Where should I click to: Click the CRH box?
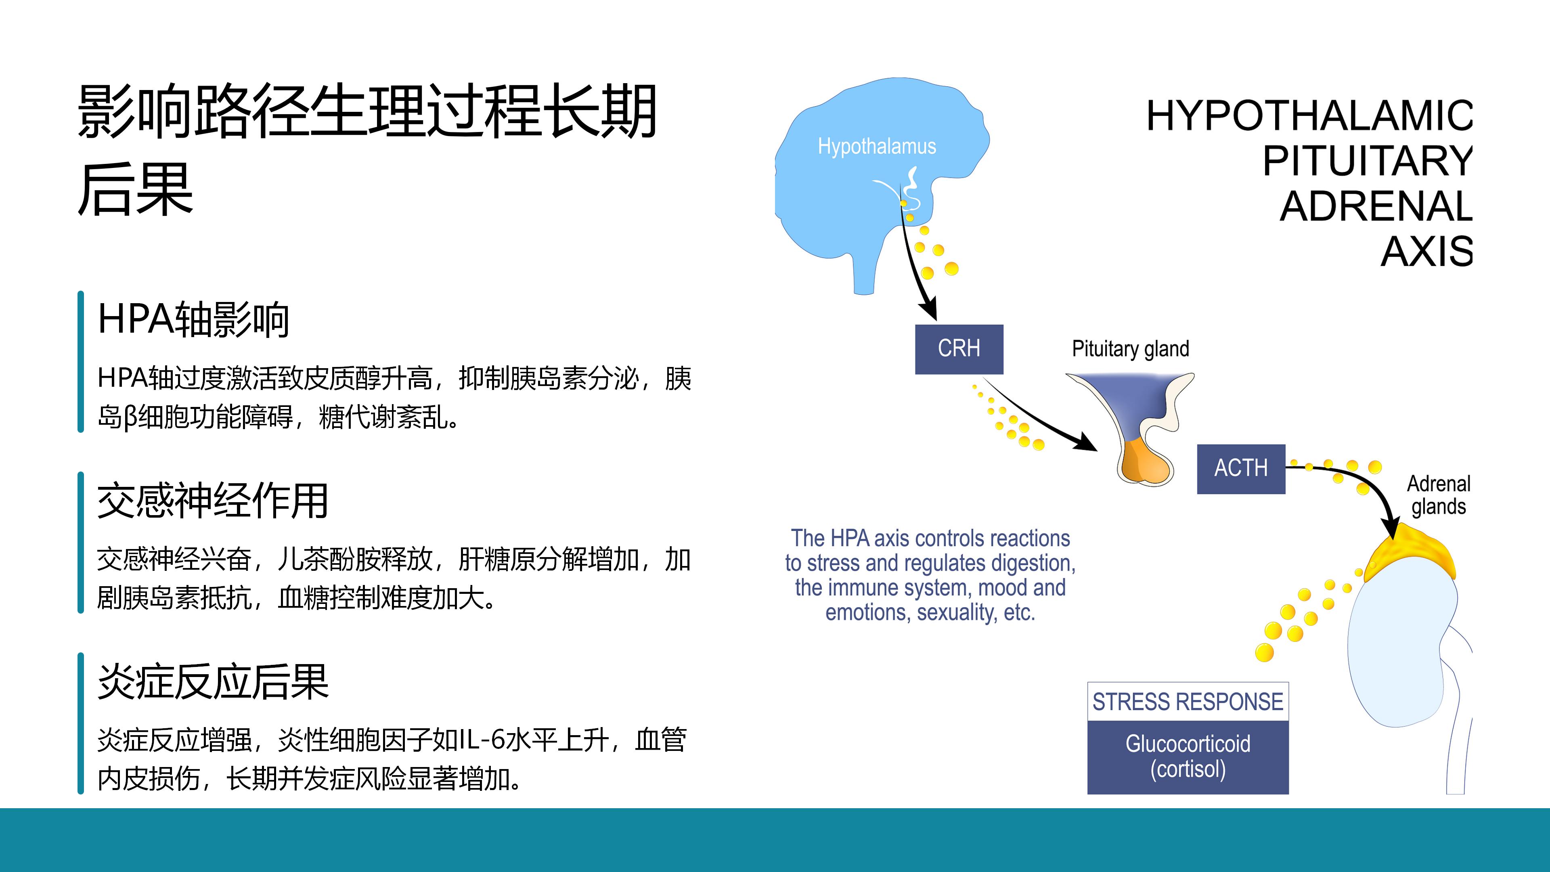coord(959,349)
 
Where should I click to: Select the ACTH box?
coord(1241,469)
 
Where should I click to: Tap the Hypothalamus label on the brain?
coord(877,146)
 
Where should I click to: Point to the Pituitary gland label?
coord(1131,349)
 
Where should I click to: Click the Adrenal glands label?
coord(1439,495)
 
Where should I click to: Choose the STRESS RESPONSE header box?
coord(1188,702)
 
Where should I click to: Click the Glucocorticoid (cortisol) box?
coord(1188,757)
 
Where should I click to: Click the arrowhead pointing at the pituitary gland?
coord(1087,442)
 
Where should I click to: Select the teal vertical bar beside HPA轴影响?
coord(81,362)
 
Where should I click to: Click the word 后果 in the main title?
coord(135,189)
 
